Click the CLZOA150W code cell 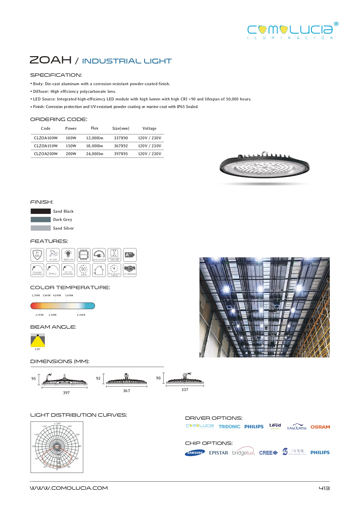(46, 146)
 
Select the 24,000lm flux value (95, 154)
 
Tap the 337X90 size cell (121, 138)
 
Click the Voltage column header (149, 128)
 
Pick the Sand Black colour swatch (41, 211)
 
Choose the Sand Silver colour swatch (41, 228)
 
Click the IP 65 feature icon (37, 255)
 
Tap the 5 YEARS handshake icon (130, 270)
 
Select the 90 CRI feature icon (84, 270)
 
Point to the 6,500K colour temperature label (81, 315)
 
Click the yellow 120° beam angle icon (38, 341)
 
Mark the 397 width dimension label (66, 393)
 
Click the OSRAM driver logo (320, 427)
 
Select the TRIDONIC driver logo (229, 427)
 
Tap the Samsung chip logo (195, 453)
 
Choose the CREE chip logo (268, 453)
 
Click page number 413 (324, 488)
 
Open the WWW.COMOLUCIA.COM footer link (69, 488)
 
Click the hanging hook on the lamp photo (264, 153)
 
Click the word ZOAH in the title (51, 60)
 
